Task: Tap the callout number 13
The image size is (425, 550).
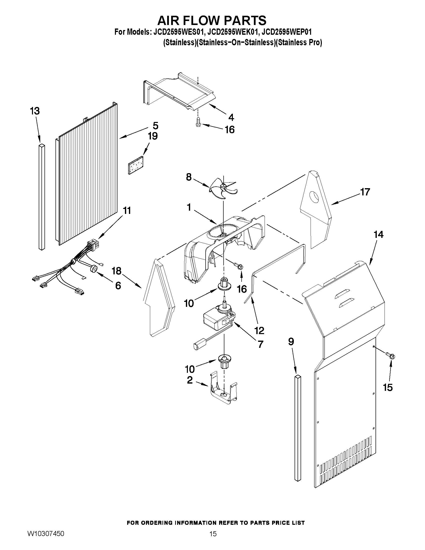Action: click(35, 111)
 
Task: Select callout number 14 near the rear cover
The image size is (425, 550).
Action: click(378, 235)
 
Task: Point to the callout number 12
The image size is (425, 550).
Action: click(259, 330)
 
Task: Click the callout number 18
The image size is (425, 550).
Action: click(116, 271)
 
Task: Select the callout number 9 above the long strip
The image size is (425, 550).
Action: click(291, 342)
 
